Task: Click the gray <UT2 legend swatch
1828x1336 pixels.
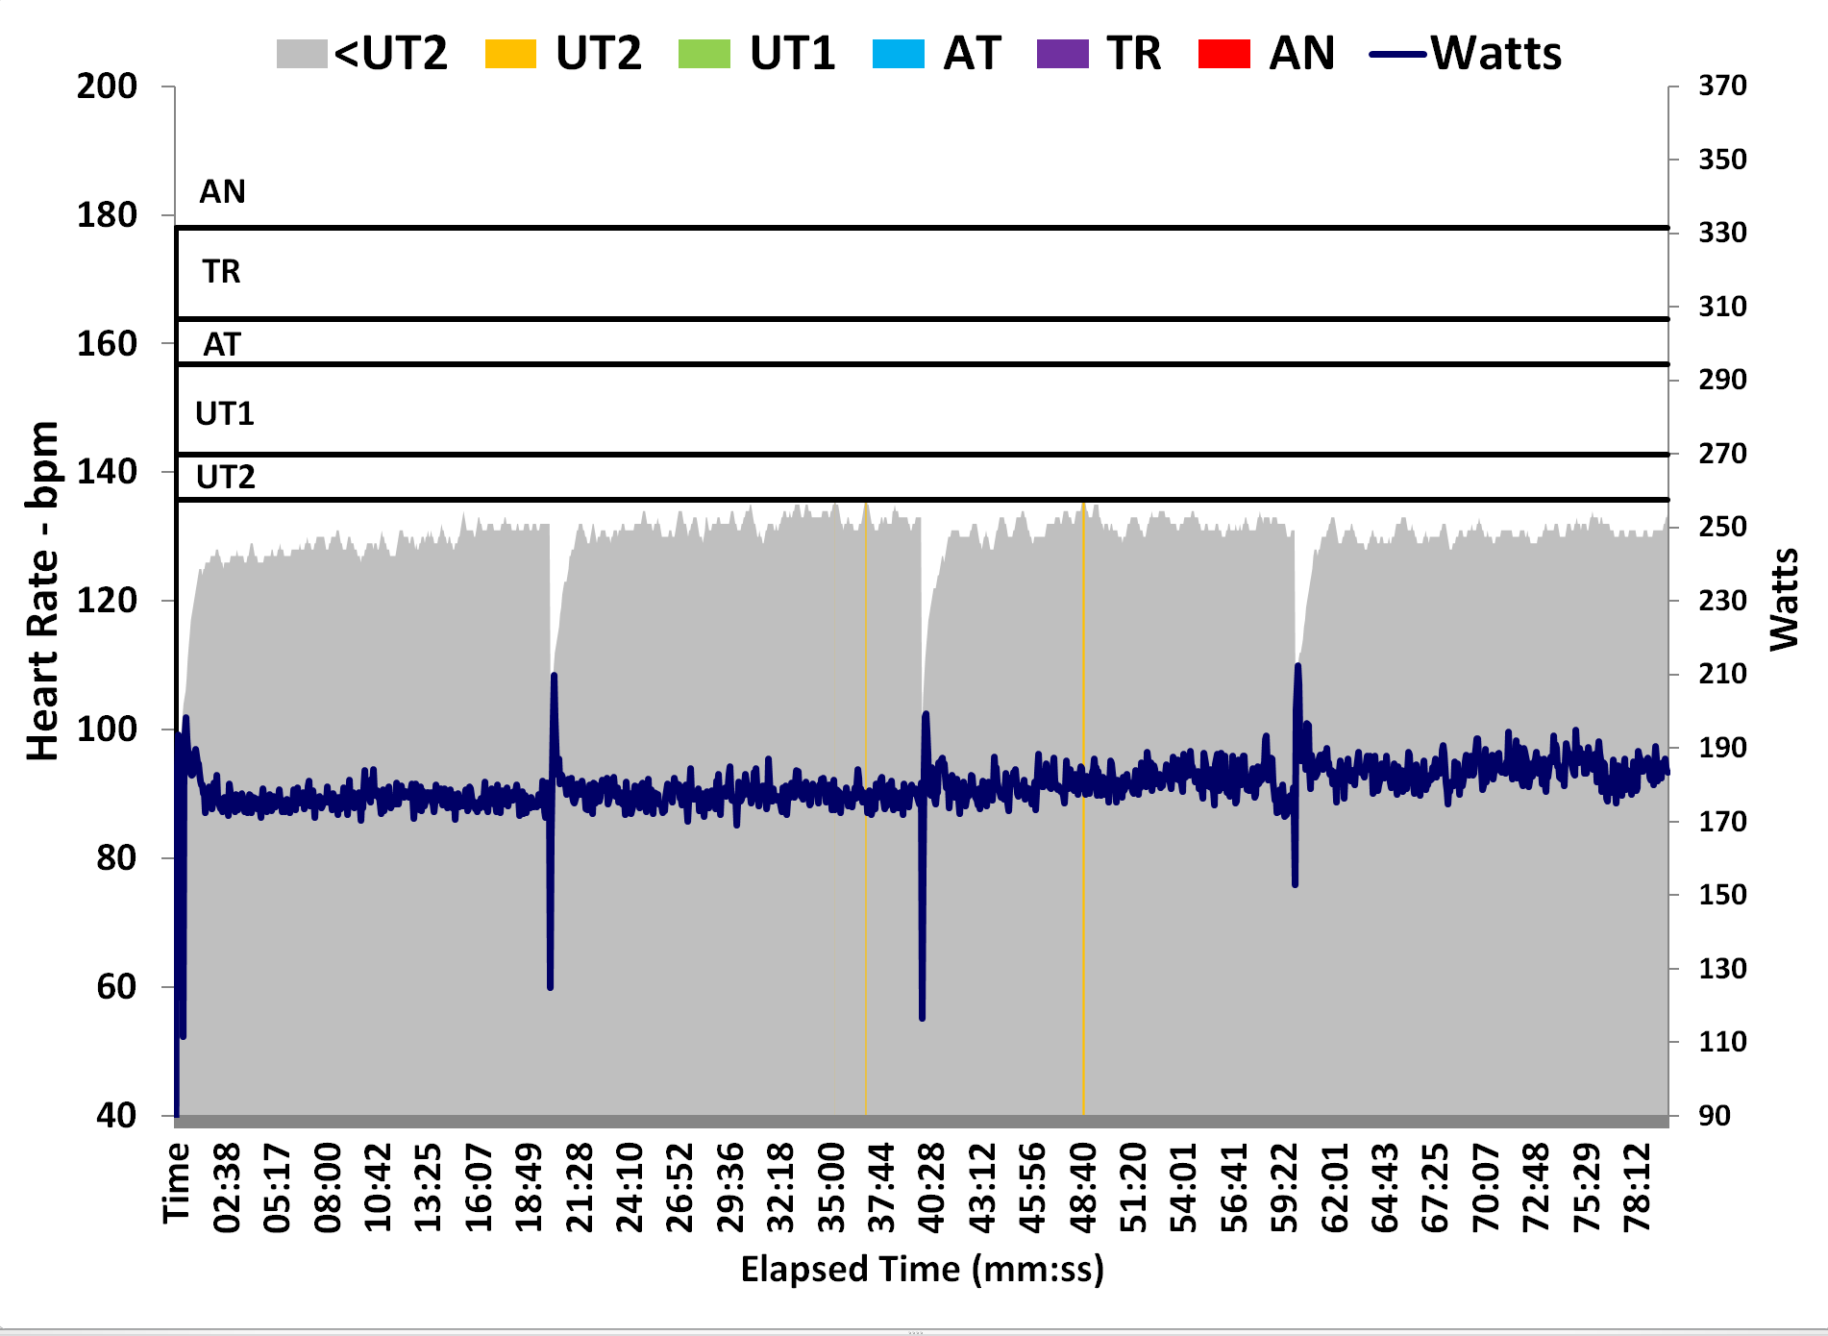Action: (x=302, y=54)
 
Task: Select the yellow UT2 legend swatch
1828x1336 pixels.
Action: (x=510, y=54)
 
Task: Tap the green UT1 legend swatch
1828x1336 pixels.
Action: (x=704, y=54)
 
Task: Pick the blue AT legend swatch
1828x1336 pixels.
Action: (x=899, y=54)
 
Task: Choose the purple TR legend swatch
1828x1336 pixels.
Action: (x=1063, y=54)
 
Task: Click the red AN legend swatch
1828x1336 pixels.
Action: (x=1224, y=54)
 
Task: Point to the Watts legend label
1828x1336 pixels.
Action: (x=1495, y=54)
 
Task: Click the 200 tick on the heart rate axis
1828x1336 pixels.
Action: (x=107, y=87)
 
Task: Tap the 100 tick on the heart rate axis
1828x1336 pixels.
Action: (x=107, y=729)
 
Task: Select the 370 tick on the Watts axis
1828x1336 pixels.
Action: (x=1722, y=86)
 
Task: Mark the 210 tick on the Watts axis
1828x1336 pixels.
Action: (x=1722, y=674)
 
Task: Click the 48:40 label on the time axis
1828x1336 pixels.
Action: (x=1083, y=1188)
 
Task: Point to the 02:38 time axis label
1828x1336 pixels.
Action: (x=227, y=1188)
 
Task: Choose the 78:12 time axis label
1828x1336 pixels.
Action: (x=1637, y=1188)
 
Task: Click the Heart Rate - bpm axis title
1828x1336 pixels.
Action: (x=43, y=591)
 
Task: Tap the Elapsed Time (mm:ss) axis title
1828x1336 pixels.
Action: (x=922, y=1269)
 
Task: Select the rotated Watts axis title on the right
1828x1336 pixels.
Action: (x=1784, y=600)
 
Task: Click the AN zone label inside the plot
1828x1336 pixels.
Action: (x=222, y=192)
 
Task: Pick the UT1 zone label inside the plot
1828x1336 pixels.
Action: (x=224, y=414)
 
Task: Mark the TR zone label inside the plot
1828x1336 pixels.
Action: (x=221, y=272)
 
